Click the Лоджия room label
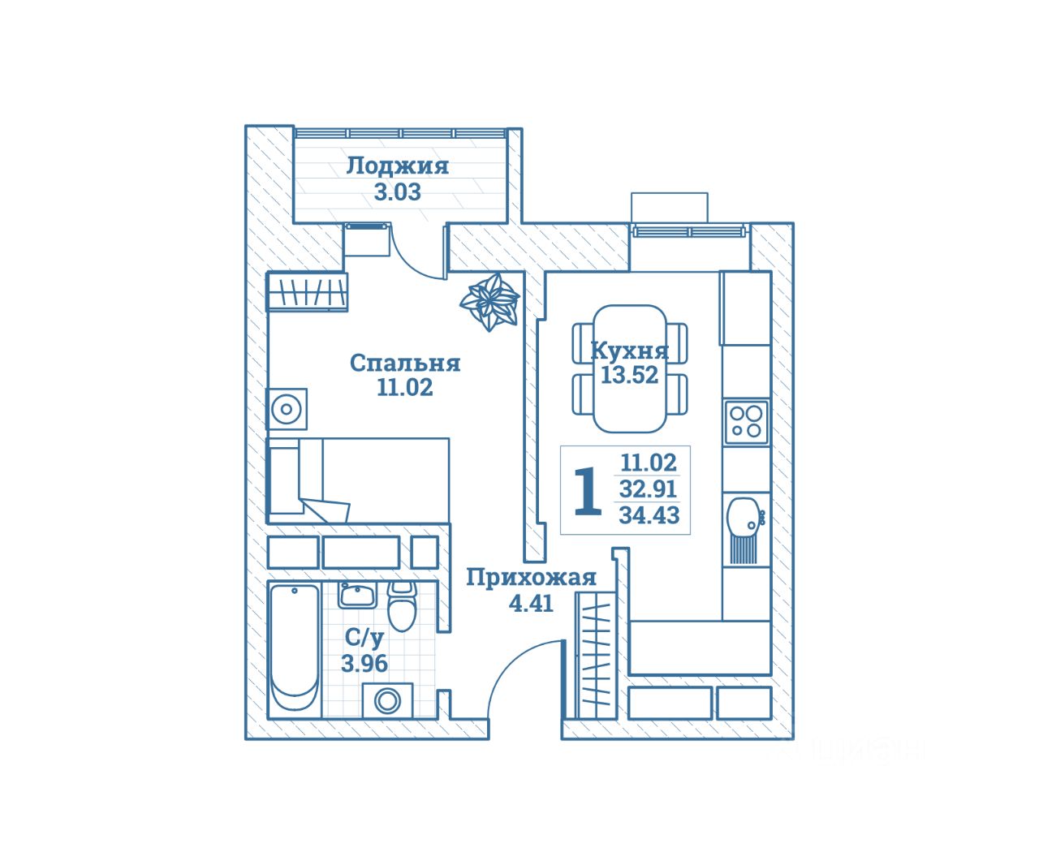coord(397,166)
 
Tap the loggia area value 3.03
coord(397,192)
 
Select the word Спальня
coord(404,363)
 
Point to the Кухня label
coord(629,351)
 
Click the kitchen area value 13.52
coord(629,375)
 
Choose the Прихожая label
coord(531,578)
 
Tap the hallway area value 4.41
coord(531,603)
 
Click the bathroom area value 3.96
coord(364,663)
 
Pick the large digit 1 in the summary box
coord(588,491)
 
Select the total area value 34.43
coord(649,514)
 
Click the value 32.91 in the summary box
coord(649,489)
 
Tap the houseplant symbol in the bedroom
coord(489,301)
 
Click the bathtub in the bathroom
coord(294,648)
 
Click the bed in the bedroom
coord(358,480)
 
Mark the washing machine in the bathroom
coord(386,699)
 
